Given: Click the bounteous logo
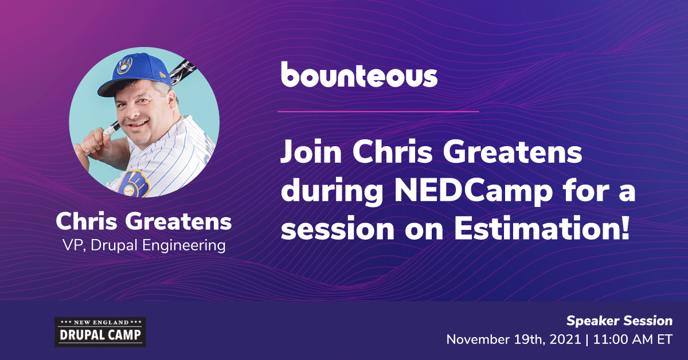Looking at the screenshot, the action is [x=359, y=75].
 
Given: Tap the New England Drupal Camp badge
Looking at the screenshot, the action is [x=100, y=332].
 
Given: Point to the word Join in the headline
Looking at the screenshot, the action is [x=311, y=152].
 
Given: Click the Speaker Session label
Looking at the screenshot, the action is [x=619, y=321].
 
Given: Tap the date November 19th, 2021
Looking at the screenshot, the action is [x=514, y=340].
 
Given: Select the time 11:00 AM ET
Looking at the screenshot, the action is [x=633, y=340].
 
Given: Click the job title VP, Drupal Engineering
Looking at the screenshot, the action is [x=144, y=246].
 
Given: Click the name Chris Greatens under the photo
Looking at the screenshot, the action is [x=143, y=221].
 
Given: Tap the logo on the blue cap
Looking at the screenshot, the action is [x=125, y=65].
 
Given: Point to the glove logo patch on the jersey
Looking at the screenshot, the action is [x=134, y=183].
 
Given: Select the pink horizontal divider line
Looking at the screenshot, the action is [x=378, y=112].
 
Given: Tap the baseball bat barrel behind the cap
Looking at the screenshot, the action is [x=182, y=72].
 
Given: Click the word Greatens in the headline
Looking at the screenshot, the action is [x=512, y=152].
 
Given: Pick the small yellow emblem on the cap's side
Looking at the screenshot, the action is [x=162, y=74].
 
